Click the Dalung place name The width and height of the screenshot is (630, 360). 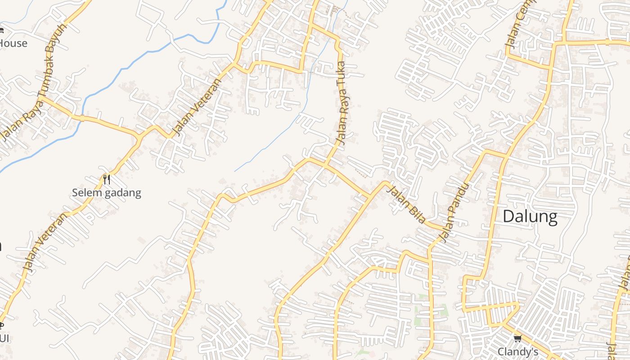click(530, 217)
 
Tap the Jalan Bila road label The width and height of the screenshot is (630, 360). click(407, 205)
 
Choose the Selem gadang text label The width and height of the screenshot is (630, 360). click(107, 193)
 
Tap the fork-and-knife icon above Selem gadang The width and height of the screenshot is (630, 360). click(107, 180)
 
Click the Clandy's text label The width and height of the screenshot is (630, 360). click(517, 351)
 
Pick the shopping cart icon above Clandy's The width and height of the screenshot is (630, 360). click(517, 338)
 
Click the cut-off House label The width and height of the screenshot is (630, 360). click(13, 44)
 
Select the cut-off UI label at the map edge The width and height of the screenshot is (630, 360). click(4, 338)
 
